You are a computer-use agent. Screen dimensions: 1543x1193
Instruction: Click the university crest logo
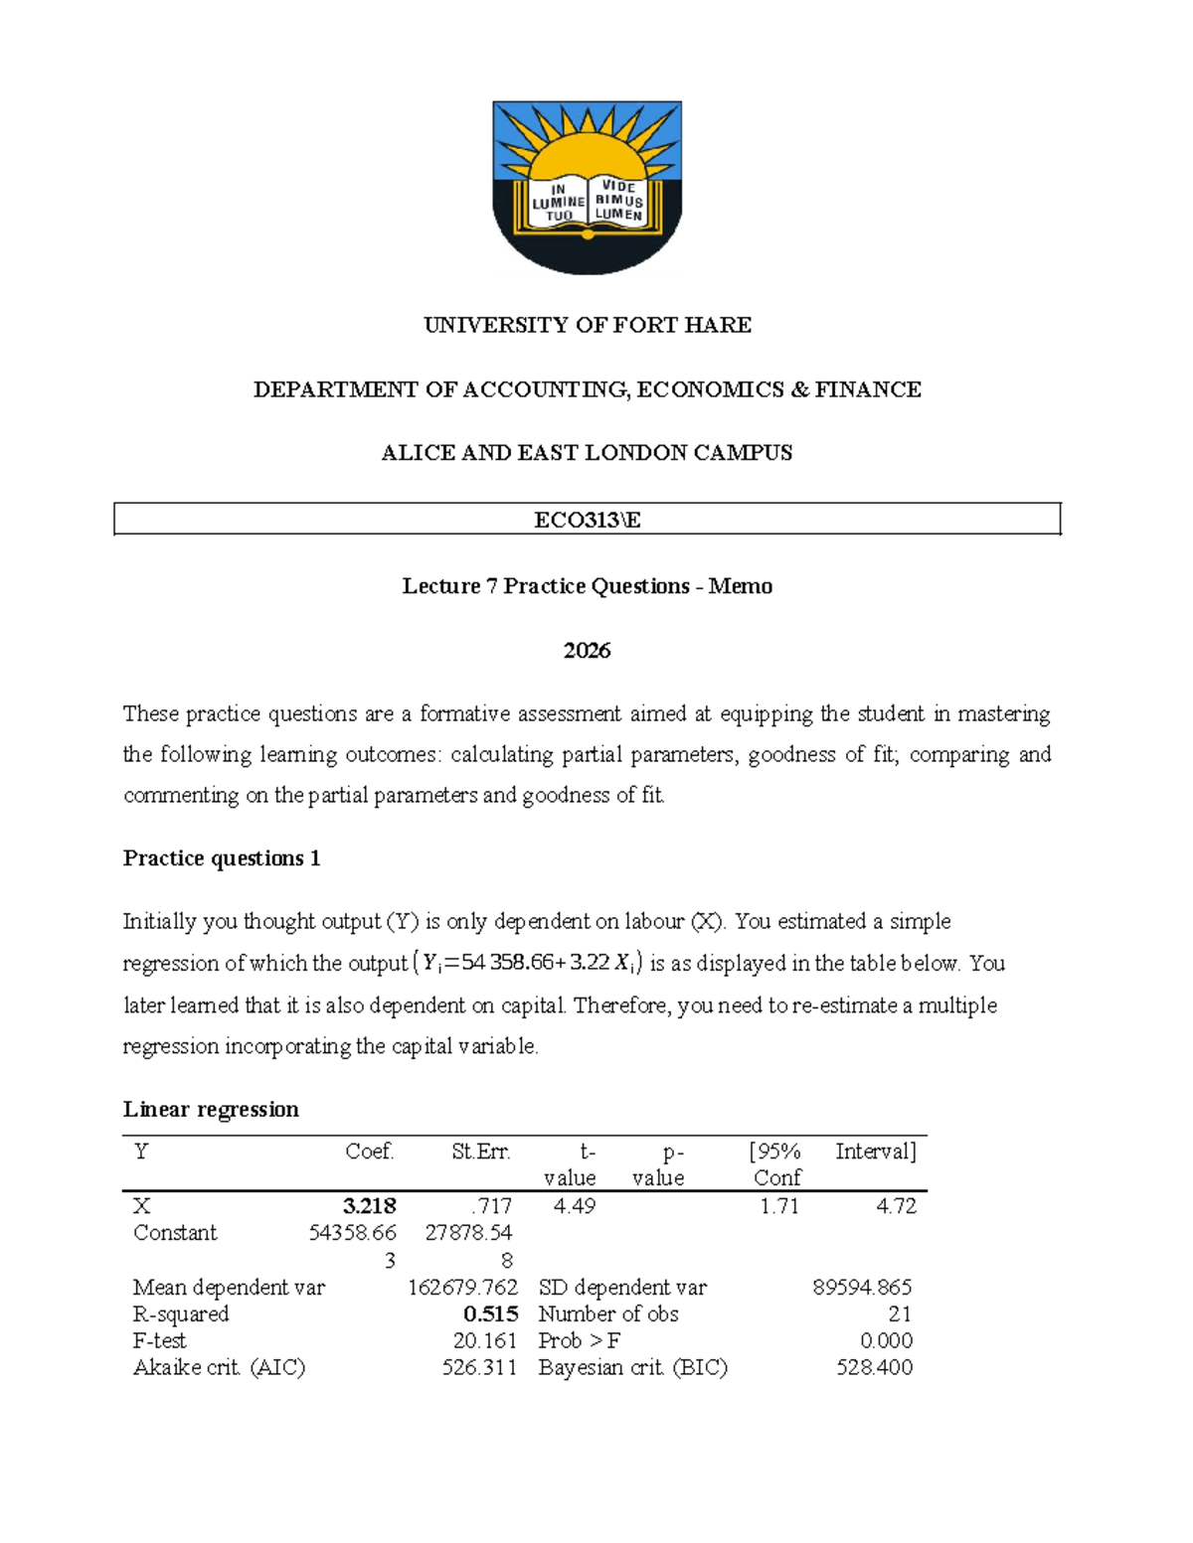click(588, 187)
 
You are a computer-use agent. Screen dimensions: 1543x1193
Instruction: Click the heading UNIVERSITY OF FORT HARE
click(588, 325)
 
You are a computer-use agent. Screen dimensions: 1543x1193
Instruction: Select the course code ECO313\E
click(588, 520)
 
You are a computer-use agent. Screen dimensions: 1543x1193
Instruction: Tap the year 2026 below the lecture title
click(587, 651)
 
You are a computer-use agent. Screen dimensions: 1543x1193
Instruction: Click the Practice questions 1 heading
click(222, 858)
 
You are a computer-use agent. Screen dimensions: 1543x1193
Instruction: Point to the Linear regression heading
click(211, 1109)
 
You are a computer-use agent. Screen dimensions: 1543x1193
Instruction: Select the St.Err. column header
click(481, 1152)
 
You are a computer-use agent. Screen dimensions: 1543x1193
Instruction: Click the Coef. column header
click(370, 1152)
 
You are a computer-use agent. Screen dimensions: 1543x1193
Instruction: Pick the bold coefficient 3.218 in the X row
click(370, 1206)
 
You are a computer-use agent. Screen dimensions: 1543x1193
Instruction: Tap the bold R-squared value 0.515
click(491, 1313)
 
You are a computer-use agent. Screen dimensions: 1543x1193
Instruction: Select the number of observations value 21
click(900, 1313)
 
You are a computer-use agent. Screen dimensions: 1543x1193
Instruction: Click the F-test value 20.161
click(485, 1340)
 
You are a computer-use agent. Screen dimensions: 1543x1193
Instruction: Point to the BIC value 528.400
click(875, 1367)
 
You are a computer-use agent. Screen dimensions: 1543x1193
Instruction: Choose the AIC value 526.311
click(480, 1367)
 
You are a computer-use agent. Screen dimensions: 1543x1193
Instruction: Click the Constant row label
click(175, 1233)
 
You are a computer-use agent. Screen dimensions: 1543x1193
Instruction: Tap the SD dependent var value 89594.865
click(862, 1288)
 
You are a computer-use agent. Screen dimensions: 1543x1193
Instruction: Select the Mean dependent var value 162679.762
click(463, 1288)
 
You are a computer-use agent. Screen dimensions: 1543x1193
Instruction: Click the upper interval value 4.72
click(896, 1206)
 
